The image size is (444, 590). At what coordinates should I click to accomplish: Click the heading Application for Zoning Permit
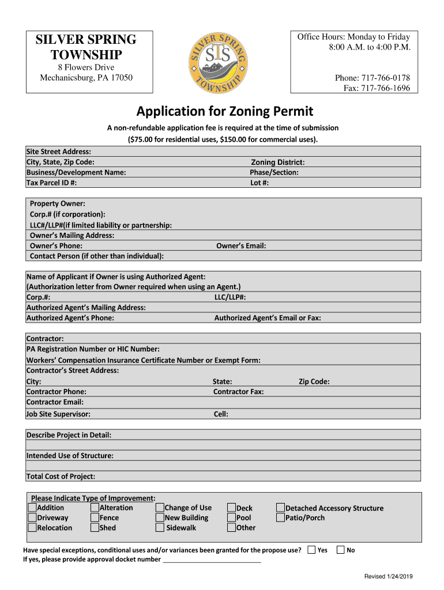tap(225, 111)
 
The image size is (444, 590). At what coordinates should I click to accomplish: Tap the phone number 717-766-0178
tap(386, 78)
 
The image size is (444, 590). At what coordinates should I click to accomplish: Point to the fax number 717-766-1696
tap(385, 88)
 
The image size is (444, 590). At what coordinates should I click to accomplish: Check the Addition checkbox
tap(32, 508)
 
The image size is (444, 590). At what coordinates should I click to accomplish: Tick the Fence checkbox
tap(95, 517)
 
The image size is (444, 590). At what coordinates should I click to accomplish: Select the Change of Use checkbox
tap(160, 508)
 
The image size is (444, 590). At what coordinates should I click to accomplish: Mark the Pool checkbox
tap(231, 517)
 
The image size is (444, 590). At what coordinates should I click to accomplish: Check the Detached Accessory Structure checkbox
tap(280, 508)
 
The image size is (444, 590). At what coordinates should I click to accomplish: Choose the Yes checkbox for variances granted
tap(312, 550)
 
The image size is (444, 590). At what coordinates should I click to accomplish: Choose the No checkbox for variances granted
tap(340, 550)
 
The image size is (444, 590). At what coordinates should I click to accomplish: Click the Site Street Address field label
tap(58, 152)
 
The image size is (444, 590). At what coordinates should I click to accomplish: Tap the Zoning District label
tap(277, 162)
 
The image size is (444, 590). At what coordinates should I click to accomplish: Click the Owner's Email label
tap(240, 245)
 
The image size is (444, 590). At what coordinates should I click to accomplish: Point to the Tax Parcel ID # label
tap(51, 183)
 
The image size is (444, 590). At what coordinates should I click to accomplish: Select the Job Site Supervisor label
tap(58, 414)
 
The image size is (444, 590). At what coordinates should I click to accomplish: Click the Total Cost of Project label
tap(61, 476)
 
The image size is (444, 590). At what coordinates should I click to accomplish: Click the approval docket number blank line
tap(212, 559)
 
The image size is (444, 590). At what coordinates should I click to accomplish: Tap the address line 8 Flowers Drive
tap(85, 67)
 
